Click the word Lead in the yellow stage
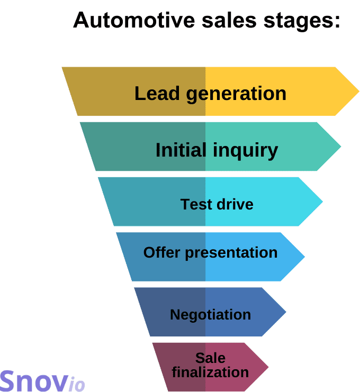pyautogui.click(x=154, y=94)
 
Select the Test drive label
pyautogui.click(x=217, y=204)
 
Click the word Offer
pyautogui.click(x=162, y=252)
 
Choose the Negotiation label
pyautogui.click(x=210, y=315)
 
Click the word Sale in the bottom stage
pyautogui.click(x=210, y=358)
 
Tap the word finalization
pyautogui.click(x=210, y=372)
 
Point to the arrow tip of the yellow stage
pyautogui.click(x=355, y=91)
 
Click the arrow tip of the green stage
pyautogui.click(x=337, y=147)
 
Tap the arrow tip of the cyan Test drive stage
pyautogui.click(x=319, y=202)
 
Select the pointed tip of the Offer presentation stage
pyautogui.click(x=301, y=257)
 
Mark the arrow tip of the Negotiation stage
pyautogui.click(x=283, y=312)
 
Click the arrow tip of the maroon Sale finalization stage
pyautogui.click(x=265, y=367)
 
